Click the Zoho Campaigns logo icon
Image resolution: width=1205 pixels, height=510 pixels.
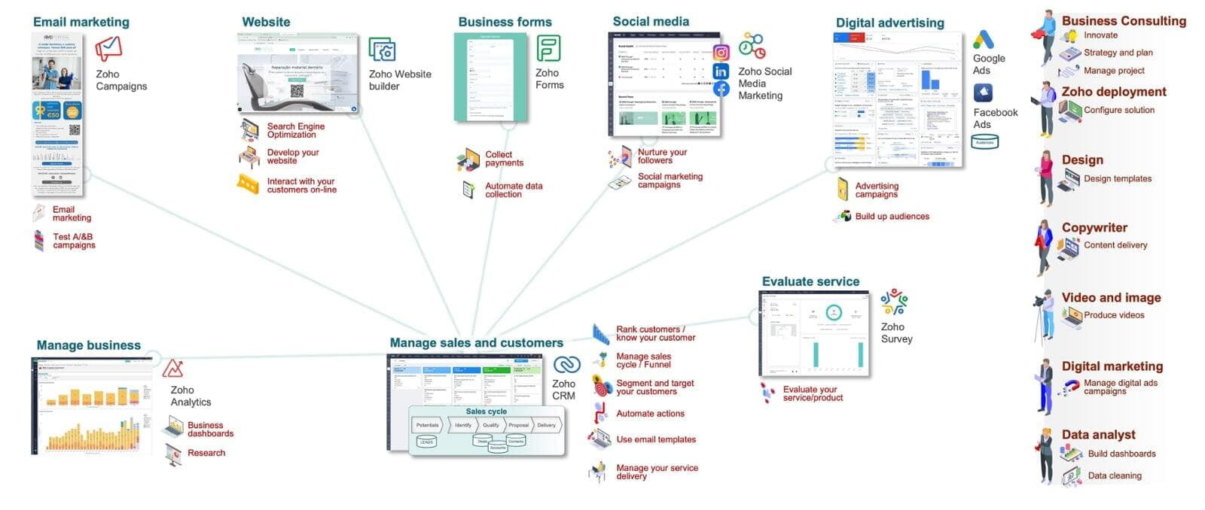(108, 49)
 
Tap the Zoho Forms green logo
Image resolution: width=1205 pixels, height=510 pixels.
(548, 48)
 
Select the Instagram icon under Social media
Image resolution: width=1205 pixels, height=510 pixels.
(721, 53)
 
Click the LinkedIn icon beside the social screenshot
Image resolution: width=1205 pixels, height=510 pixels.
(721, 71)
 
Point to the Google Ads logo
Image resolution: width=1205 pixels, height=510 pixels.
(983, 39)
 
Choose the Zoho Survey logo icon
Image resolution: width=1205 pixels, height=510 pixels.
(894, 302)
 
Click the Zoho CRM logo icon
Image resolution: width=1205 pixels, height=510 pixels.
(566, 365)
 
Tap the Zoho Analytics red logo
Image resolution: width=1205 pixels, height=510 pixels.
(173, 369)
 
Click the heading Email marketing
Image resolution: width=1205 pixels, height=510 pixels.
(81, 22)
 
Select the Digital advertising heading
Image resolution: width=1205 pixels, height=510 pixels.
(889, 23)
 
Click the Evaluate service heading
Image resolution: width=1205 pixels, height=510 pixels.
(810, 281)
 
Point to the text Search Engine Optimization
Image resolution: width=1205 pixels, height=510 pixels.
(295, 130)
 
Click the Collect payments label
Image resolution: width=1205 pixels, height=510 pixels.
(504, 159)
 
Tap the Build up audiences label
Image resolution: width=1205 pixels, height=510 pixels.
(892, 217)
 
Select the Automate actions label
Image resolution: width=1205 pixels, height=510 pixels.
(650, 414)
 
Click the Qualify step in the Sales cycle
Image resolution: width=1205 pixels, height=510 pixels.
(491, 425)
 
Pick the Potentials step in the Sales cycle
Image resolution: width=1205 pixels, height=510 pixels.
(427, 425)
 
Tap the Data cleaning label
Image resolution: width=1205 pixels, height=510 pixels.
(1115, 475)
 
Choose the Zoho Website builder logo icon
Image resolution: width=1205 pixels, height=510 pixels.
(382, 50)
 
